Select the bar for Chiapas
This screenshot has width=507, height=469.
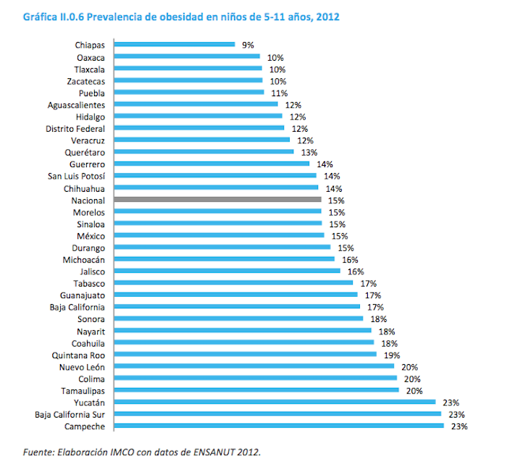(x=174, y=45)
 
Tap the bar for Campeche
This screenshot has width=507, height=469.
(x=279, y=426)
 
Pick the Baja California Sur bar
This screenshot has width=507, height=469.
(x=278, y=415)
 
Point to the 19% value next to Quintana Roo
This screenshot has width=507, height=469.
(x=392, y=355)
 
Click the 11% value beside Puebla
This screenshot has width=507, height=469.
(x=280, y=93)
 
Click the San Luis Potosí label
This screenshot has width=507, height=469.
(x=76, y=176)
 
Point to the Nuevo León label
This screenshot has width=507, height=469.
(x=83, y=367)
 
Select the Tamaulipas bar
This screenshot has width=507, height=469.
(x=256, y=391)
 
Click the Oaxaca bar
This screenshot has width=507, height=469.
(x=188, y=56)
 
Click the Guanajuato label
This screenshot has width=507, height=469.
(x=83, y=295)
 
